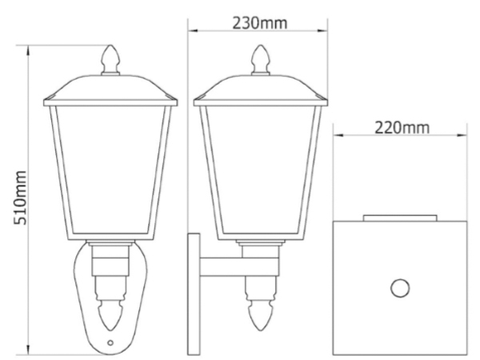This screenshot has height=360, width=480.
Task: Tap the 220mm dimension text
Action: [x=400, y=127]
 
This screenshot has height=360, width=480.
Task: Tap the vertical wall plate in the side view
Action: [x=191, y=293]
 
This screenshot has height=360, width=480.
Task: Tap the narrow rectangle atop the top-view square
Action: [x=399, y=216]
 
